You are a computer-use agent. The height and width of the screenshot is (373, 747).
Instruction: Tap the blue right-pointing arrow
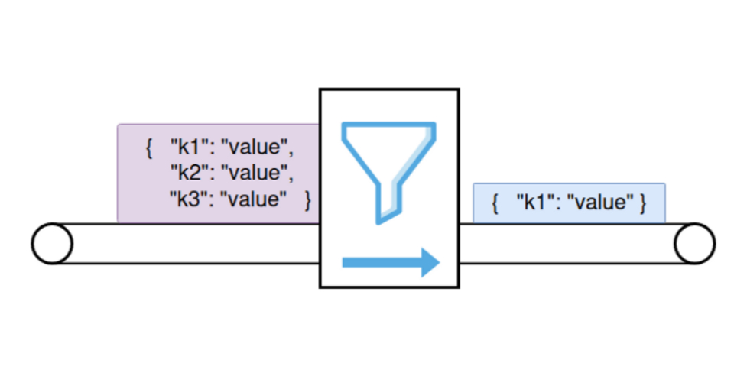pyautogui.click(x=390, y=262)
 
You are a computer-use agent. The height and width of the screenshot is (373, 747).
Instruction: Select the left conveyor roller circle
pyautogui.click(x=52, y=244)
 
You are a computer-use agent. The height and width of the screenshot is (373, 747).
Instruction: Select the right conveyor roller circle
pyautogui.click(x=694, y=244)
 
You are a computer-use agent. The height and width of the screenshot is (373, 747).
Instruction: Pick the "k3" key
pyautogui.click(x=188, y=199)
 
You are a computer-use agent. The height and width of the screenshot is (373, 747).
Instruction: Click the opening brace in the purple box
pyautogui.click(x=148, y=145)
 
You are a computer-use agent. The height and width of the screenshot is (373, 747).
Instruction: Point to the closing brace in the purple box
pyautogui.click(x=307, y=199)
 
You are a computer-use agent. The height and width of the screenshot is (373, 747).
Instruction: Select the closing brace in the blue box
pyautogui.click(x=643, y=203)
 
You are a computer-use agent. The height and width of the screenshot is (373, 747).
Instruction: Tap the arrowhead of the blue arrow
pyautogui.click(x=429, y=262)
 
